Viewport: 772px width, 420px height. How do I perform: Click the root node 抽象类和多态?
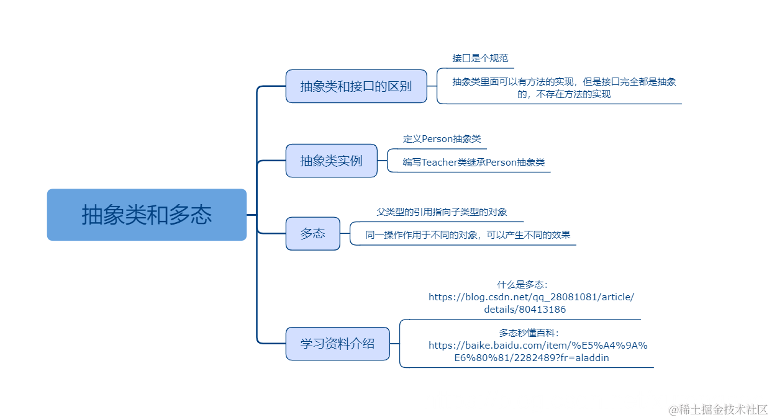tap(147, 215)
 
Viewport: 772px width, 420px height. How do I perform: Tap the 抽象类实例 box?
tap(331, 161)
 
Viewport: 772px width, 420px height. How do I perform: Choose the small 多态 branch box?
tap(312, 234)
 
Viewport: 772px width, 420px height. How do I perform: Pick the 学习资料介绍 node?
tap(337, 344)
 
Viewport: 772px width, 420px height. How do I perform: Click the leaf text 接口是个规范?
tap(480, 58)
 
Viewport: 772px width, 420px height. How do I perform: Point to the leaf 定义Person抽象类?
tap(442, 139)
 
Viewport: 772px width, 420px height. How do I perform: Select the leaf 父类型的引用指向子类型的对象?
tap(442, 212)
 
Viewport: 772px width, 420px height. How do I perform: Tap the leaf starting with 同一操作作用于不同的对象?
tap(468, 235)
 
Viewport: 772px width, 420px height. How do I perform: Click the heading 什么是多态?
tap(522, 285)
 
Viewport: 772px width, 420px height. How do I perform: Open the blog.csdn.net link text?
tap(531, 297)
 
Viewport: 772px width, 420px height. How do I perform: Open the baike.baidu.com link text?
tap(538, 346)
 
